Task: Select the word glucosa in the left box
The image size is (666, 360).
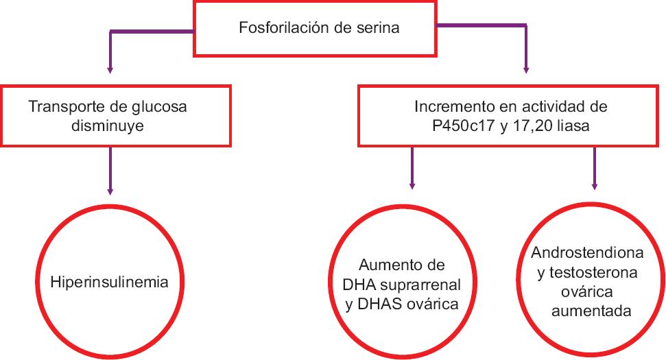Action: (x=159, y=106)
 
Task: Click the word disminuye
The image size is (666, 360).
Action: (x=108, y=126)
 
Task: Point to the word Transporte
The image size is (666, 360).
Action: (x=67, y=106)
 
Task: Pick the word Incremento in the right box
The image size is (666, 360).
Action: (x=451, y=106)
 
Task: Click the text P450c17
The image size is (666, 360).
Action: (x=463, y=126)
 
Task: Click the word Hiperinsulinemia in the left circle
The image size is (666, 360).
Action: (x=109, y=283)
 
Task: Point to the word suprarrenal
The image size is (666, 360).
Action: (x=420, y=285)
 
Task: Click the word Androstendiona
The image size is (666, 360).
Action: (x=587, y=253)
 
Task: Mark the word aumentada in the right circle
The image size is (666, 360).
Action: (x=591, y=311)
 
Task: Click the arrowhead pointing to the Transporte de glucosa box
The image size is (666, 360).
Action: (x=110, y=71)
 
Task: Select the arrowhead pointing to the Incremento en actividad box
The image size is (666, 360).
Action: (x=526, y=71)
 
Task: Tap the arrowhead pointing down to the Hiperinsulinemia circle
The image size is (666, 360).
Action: (x=110, y=192)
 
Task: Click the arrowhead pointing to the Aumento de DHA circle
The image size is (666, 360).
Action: (x=412, y=186)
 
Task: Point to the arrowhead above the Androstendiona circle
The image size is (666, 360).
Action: (x=594, y=187)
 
